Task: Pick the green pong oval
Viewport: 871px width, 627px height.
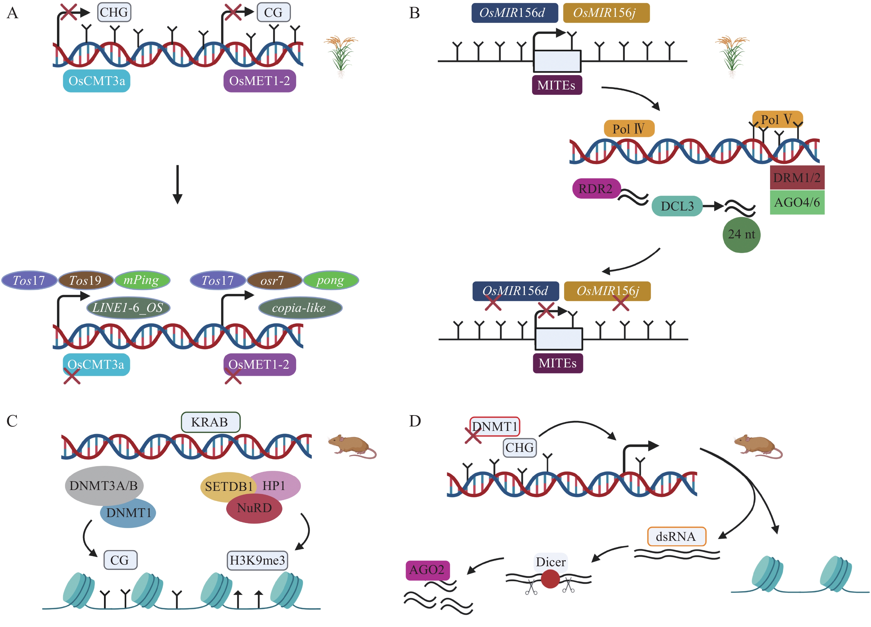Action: [x=331, y=281]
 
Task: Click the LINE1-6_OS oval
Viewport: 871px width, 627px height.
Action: [x=128, y=308]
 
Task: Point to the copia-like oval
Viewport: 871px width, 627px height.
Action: [x=300, y=308]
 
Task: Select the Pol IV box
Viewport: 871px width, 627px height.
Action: [x=629, y=128]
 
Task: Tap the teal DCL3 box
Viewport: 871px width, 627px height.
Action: [x=677, y=206]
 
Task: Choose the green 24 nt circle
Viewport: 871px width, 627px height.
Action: [x=741, y=235]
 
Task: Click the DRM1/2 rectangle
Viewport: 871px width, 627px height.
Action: [x=797, y=178]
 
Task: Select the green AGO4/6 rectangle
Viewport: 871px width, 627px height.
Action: [x=797, y=202]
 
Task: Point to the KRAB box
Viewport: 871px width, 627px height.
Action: [x=210, y=422]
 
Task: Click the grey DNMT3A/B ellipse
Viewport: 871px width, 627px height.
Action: [x=104, y=485]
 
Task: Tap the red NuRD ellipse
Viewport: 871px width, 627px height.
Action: [x=254, y=509]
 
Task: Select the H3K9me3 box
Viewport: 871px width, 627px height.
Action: [x=257, y=560]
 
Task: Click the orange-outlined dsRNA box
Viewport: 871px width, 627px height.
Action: [x=676, y=536]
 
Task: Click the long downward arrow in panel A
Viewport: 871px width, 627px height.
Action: [x=178, y=184]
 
